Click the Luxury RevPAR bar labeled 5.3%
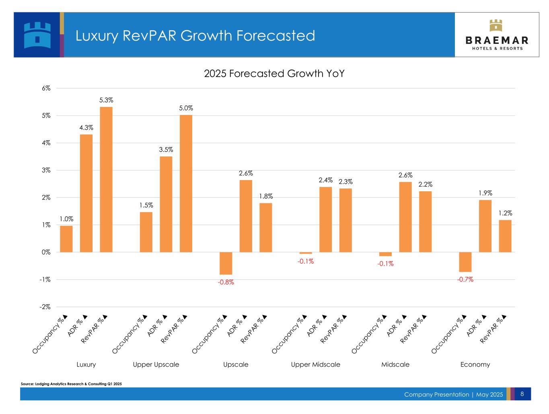pos(106,179)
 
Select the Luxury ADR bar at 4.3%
pos(86,193)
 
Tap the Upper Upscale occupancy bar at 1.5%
pos(146,232)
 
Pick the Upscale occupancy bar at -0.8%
pos(226,263)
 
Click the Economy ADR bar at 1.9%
pos(485,226)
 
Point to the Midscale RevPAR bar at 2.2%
pos(425,221)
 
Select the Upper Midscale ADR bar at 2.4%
pos(325,219)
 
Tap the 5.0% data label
pos(186,108)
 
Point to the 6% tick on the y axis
pos(45,88)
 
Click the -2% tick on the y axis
pos(45,307)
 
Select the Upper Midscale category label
pos(315,365)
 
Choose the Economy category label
pos(475,365)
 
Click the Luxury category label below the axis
pos(86,365)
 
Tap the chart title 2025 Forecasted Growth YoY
pos(274,74)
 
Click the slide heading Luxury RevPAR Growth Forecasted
pos(195,36)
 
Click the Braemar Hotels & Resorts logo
pos(497,35)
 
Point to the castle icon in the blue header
pos(37,35)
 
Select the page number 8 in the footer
pos(522,394)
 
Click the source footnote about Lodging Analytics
pos(71,384)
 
